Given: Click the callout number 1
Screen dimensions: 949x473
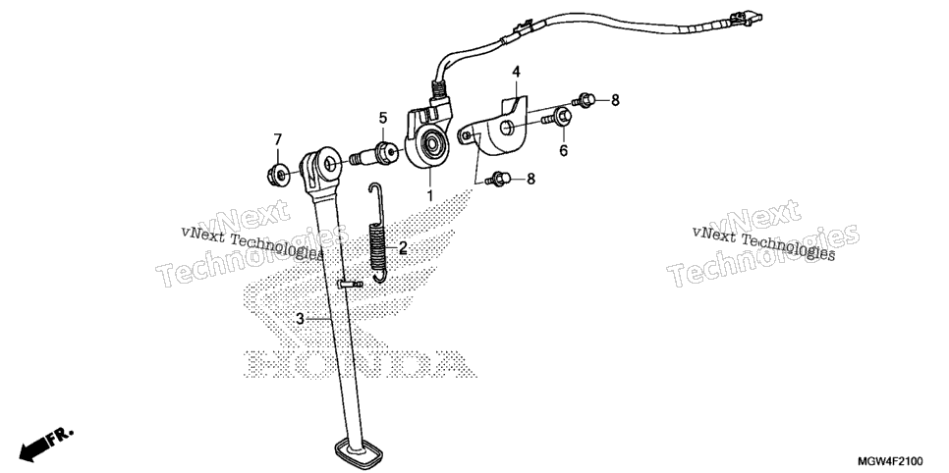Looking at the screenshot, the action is [x=430, y=195].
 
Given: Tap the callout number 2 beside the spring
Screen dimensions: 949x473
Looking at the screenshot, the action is [x=403, y=247].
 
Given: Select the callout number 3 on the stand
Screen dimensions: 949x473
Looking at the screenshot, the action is [x=301, y=319].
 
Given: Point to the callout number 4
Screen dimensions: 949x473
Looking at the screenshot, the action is [x=516, y=72].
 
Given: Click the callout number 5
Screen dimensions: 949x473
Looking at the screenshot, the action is [x=382, y=118].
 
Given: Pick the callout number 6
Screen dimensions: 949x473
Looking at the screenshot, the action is [x=564, y=150].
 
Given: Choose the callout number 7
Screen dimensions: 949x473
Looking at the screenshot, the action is [x=278, y=139].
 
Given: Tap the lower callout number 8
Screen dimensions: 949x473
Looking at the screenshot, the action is [x=530, y=179].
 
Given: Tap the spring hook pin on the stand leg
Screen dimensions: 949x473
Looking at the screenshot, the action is [x=351, y=283].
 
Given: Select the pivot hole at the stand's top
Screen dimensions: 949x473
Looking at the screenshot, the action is [x=330, y=164].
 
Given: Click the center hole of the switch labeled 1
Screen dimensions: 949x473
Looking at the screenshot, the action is [x=432, y=144].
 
